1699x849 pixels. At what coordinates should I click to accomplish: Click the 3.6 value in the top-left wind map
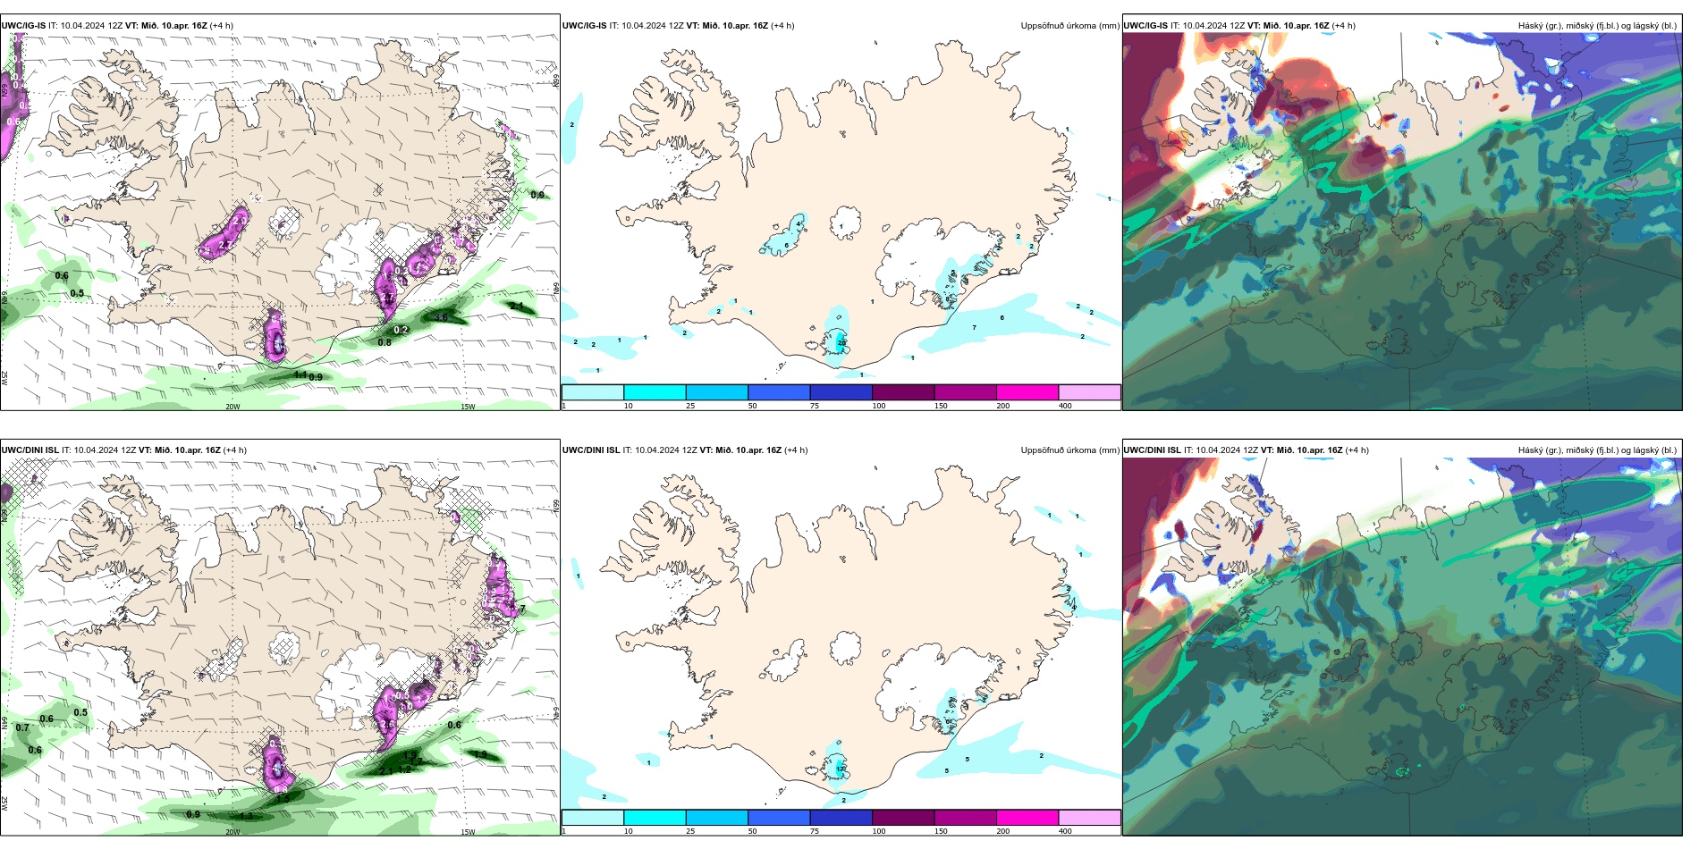441,317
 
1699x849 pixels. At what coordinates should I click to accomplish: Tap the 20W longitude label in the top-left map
232,407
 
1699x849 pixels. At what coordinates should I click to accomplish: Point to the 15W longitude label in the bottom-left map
468,832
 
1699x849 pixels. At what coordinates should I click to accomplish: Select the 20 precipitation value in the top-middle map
841,343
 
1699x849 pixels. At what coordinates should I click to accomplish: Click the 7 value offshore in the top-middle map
974,328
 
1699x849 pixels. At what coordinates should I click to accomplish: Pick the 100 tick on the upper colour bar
878,406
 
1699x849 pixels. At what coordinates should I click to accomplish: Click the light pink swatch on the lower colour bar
1088,818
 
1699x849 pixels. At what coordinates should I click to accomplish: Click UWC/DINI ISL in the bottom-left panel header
30,450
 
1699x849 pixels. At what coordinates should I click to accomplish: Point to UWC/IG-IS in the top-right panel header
1146,26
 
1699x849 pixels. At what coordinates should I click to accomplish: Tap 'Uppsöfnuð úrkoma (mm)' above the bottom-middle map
1069,450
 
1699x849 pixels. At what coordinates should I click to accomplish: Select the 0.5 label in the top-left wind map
78,293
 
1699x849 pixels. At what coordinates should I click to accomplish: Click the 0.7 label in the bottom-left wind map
22,727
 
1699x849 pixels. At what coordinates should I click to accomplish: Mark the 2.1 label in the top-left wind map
517,306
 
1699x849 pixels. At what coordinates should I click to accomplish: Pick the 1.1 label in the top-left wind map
300,374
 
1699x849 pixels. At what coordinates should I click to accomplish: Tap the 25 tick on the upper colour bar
689,406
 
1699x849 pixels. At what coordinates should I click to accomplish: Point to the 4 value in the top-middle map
799,224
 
